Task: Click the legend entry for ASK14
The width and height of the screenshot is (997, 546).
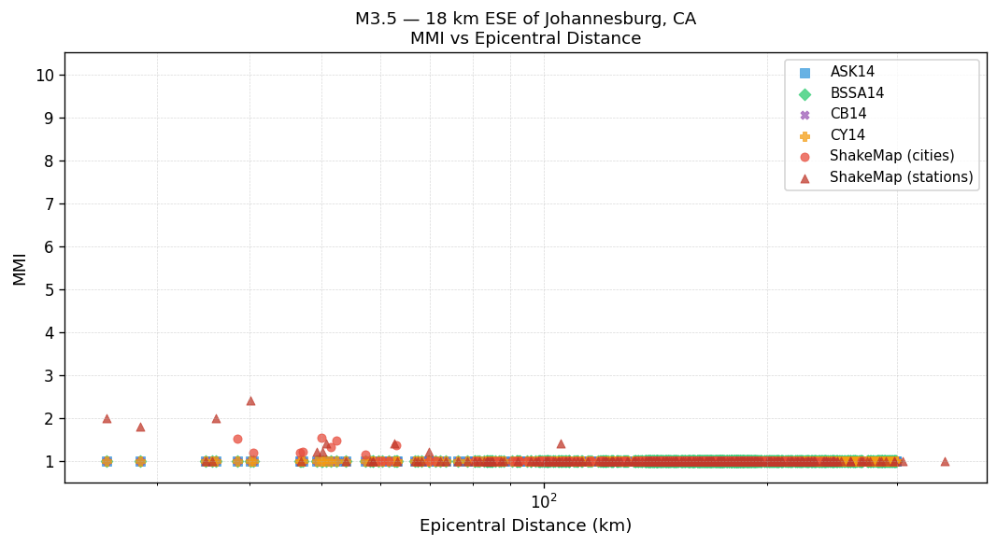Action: tap(852, 72)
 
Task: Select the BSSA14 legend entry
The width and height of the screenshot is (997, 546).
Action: tap(857, 93)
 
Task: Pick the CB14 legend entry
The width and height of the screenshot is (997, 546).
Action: tap(847, 114)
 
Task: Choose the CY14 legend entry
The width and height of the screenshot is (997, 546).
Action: tap(847, 135)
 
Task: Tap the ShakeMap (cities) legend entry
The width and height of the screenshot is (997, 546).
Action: tap(891, 156)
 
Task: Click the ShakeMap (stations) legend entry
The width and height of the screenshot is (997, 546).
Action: tap(901, 177)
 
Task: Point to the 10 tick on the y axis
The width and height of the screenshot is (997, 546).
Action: tap(45, 76)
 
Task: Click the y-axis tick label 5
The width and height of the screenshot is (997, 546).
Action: tap(49, 290)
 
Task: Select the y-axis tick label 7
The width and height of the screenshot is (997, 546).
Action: tap(49, 204)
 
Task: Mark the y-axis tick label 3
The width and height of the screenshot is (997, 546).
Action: tap(49, 376)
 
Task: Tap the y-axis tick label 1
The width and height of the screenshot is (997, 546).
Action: tap(49, 462)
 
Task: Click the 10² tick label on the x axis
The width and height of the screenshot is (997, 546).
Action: tap(544, 501)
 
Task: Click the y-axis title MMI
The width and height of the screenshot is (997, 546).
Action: tap(20, 268)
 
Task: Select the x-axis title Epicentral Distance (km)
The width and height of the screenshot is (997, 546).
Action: tap(525, 525)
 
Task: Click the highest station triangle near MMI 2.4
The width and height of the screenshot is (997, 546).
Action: tap(250, 400)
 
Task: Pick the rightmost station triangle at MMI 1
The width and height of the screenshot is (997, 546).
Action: tap(945, 461)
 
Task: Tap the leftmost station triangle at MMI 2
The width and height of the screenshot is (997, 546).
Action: tap(107, 418)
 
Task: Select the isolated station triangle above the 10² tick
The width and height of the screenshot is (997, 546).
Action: tap(561, 443)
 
